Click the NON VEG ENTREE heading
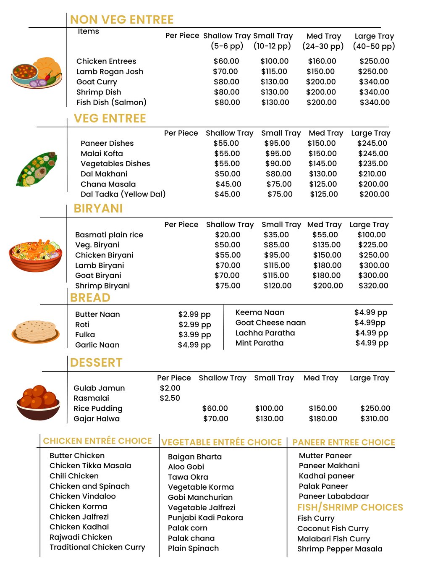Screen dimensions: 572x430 tap(121, 20)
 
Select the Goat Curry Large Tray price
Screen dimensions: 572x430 tap(374, 82)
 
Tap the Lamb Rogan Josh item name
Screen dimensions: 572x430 tap(110, 72)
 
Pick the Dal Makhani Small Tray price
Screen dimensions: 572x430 tap(278, 174)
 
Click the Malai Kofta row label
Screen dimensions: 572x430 tap(102, 154)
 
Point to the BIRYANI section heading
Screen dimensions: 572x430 tap(98, 209)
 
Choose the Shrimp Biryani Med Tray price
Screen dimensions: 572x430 tap(328, 286)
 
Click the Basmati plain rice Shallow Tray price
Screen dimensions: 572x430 tap(228, 235)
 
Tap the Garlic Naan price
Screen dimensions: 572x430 tap(194, 345)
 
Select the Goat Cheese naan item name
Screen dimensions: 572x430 tap(270, 323)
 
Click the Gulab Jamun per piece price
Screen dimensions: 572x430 tap(170, 388)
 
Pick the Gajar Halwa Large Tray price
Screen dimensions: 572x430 tap(374, 419)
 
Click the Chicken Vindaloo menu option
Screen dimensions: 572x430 tap(82, 496)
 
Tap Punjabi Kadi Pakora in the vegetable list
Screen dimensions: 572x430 tap(205, 518)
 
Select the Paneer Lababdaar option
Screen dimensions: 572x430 tap(333, 496)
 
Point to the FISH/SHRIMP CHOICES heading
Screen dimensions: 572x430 tap(350, 507)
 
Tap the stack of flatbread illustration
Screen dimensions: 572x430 tap(36, 331)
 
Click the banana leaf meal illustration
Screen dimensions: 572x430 tap(37, 169)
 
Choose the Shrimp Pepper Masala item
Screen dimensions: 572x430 tap(340, 549)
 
